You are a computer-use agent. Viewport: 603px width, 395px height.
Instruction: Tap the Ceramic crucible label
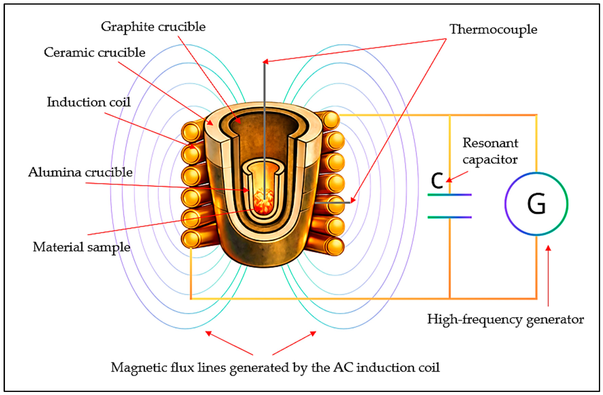[x=95, y=53]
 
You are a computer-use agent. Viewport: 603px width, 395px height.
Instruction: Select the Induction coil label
[x=89, y=102]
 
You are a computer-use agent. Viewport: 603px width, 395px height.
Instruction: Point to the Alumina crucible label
[x=80, y=172]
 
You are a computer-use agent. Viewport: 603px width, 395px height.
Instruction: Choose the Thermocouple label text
[x=493, y=30]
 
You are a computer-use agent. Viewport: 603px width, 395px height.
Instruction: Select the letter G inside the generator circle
[x=536, y=204]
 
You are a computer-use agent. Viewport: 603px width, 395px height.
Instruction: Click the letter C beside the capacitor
[x=437, y=181]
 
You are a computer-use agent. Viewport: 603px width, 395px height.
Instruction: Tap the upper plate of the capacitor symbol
[x=449, y=195]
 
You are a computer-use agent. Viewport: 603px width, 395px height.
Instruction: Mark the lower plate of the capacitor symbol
[x=449, y=217]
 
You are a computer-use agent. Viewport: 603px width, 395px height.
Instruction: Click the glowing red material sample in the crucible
[x=263, y=203]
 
